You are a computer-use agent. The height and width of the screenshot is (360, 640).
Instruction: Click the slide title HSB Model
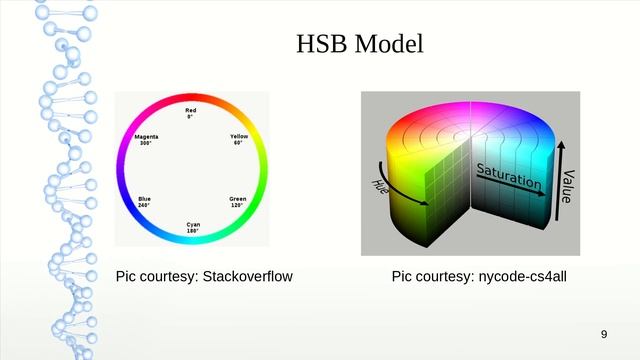coord(360,45)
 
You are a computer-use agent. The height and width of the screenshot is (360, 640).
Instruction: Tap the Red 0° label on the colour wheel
coord(191,112)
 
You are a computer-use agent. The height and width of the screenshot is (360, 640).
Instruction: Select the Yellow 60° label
coord(239,139)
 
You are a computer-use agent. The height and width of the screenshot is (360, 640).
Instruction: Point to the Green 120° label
coord(238,202)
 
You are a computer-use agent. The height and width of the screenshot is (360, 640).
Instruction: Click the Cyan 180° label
coord(192,227)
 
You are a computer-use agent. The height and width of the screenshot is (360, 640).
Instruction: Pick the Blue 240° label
coord(145,202)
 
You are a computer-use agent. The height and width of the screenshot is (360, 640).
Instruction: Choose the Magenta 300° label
coord(146,139)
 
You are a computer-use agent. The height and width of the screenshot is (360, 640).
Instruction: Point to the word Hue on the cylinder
coord(381,185)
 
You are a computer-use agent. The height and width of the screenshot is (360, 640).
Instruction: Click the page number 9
coord(603,333)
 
